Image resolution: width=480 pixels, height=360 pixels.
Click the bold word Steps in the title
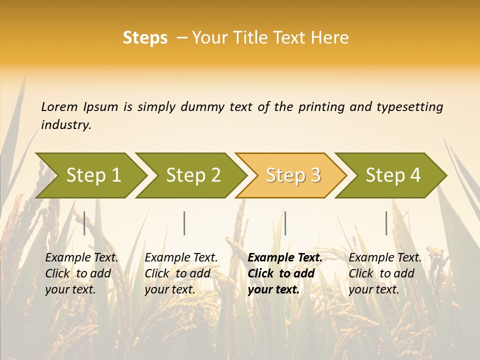(x=145, y=38)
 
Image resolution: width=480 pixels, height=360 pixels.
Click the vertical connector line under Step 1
(x=84, y=223)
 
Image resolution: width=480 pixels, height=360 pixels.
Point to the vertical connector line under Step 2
(x=184, y=223)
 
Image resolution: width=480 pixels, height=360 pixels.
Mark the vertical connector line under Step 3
(x=285, y=223)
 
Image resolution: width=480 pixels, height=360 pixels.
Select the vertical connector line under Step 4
(x=386, y=223)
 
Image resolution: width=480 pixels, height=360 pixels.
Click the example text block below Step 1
(x=81, y=273)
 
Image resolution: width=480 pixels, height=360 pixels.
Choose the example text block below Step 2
(x=181, y=273)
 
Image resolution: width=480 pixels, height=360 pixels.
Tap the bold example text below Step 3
(x=285, y=273)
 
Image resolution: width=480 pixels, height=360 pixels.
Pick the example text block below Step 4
(x=385, y=273)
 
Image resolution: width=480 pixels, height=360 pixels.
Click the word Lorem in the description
(x=59, y=107)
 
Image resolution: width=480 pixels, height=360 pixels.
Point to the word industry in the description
(x=66, y=125)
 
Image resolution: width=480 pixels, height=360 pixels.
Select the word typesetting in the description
(x=409, y=107)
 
